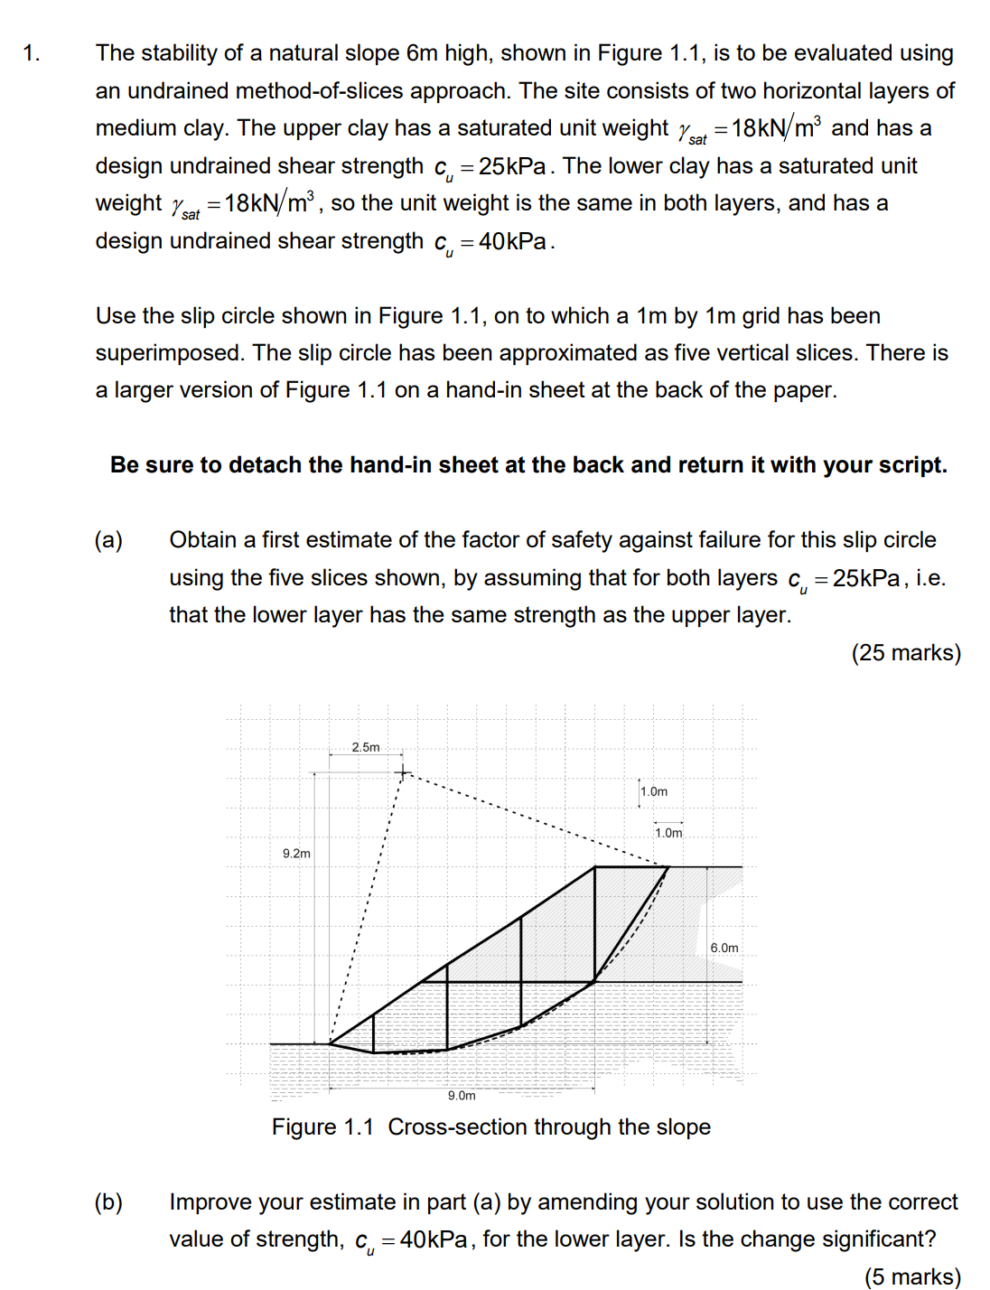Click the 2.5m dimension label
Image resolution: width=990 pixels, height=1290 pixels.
point(366,747)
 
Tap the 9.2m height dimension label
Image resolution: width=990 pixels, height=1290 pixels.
point(296,854)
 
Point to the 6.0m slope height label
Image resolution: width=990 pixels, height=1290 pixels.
point(724,948)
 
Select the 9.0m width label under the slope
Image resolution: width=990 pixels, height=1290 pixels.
point(462,1096)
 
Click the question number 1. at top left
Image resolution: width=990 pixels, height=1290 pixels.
point(32,53)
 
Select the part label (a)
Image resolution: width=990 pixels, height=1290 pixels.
point(108,540)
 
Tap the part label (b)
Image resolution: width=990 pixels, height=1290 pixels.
point(108,1202)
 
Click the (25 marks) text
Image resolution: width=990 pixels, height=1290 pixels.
point(906,653)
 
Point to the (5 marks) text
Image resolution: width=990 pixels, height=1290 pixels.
point(912,1276)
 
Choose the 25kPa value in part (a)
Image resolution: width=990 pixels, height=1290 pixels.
point(865,578)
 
